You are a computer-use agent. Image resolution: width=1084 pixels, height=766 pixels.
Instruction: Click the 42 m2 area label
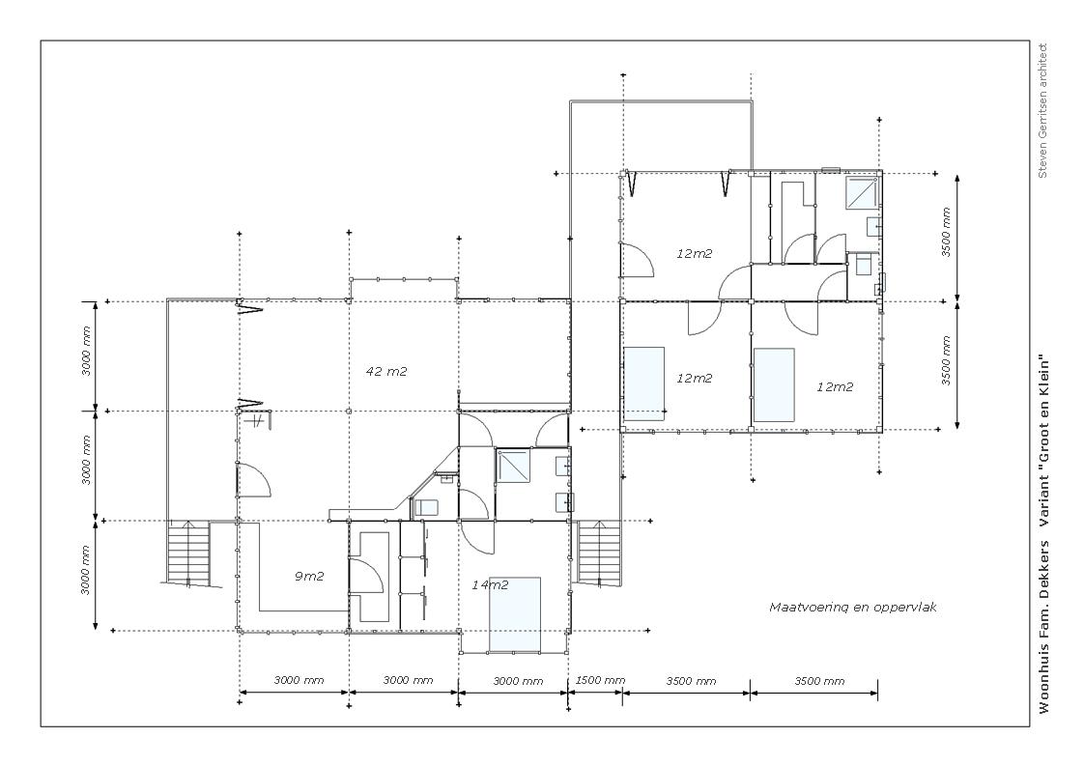click(x=386, y=371)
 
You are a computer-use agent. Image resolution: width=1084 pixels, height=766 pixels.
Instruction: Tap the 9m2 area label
click(x=309, y=576)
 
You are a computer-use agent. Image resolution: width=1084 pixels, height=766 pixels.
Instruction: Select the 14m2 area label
click(x=490, y=584)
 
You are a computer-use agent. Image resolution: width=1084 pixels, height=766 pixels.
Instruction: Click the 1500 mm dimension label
click(x=600, y=680)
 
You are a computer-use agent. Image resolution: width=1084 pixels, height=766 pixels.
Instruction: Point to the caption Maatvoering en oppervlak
click(x=853, y=608)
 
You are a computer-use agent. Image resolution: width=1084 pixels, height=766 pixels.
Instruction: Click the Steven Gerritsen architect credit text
click(x=1042, y=111)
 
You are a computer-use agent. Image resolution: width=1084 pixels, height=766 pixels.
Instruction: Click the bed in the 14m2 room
click(x=515, y=614)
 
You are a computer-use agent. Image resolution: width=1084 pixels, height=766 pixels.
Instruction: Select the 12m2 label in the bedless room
click(x=694, y=253)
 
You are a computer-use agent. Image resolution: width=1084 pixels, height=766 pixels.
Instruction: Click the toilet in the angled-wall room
click(x=427, y=507)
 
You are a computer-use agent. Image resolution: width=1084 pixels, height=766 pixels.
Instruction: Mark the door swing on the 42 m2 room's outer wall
click(x=253, y=481)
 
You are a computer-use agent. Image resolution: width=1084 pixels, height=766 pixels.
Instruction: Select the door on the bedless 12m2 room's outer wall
click(x=637, y=260)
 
